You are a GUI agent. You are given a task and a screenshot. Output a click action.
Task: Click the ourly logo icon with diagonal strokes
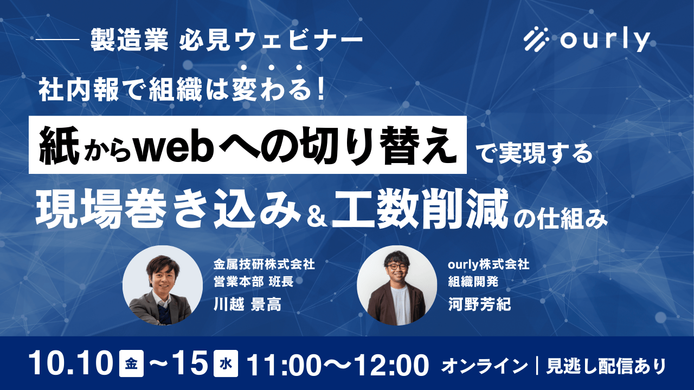(536, 39)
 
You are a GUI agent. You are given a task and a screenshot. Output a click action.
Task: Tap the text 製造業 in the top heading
(130, 40)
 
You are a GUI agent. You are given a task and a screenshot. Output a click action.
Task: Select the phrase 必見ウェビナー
(271, 40)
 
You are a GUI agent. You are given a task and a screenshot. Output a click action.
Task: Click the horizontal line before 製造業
(58, 40)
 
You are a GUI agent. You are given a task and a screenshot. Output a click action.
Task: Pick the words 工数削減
(420, 210)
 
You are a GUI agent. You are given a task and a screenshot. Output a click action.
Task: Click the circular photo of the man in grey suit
(163, 285)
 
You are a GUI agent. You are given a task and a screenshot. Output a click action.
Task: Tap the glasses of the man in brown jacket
(396, 266)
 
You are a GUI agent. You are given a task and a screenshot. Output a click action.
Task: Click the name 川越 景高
(248, 304)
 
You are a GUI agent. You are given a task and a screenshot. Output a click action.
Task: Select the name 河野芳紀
(479, 304)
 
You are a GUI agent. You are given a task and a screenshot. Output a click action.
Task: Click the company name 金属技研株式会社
(264, 264)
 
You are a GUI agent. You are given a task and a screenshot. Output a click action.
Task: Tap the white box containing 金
(131, 363)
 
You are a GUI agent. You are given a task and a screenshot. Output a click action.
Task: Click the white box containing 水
(226, 363)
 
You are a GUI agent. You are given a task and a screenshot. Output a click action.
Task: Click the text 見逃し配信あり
(606, 366)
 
